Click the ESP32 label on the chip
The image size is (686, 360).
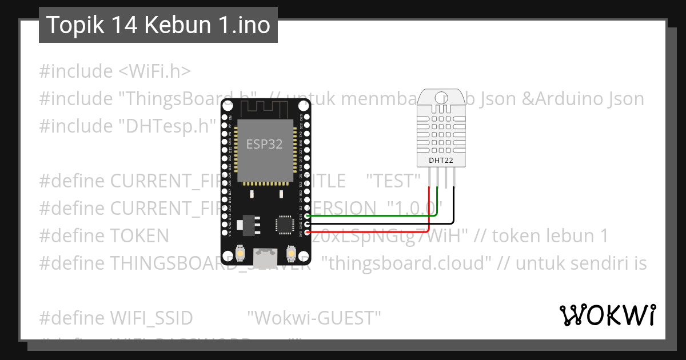point(264,144)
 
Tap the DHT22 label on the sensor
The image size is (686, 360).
point(441,161)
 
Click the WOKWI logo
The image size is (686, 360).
point(607,315)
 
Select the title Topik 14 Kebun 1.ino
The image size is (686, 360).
point(158,25)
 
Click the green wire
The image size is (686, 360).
point(372,215)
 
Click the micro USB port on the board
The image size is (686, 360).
point(265,257)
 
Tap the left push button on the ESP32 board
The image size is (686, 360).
point(241,253)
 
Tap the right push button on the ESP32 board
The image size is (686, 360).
point(290,253)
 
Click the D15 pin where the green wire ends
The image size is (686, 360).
point(308,216)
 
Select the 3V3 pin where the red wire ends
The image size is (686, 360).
point(308,232)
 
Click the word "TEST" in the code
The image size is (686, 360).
point(393,181)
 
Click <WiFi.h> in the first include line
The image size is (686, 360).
point(154,71)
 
